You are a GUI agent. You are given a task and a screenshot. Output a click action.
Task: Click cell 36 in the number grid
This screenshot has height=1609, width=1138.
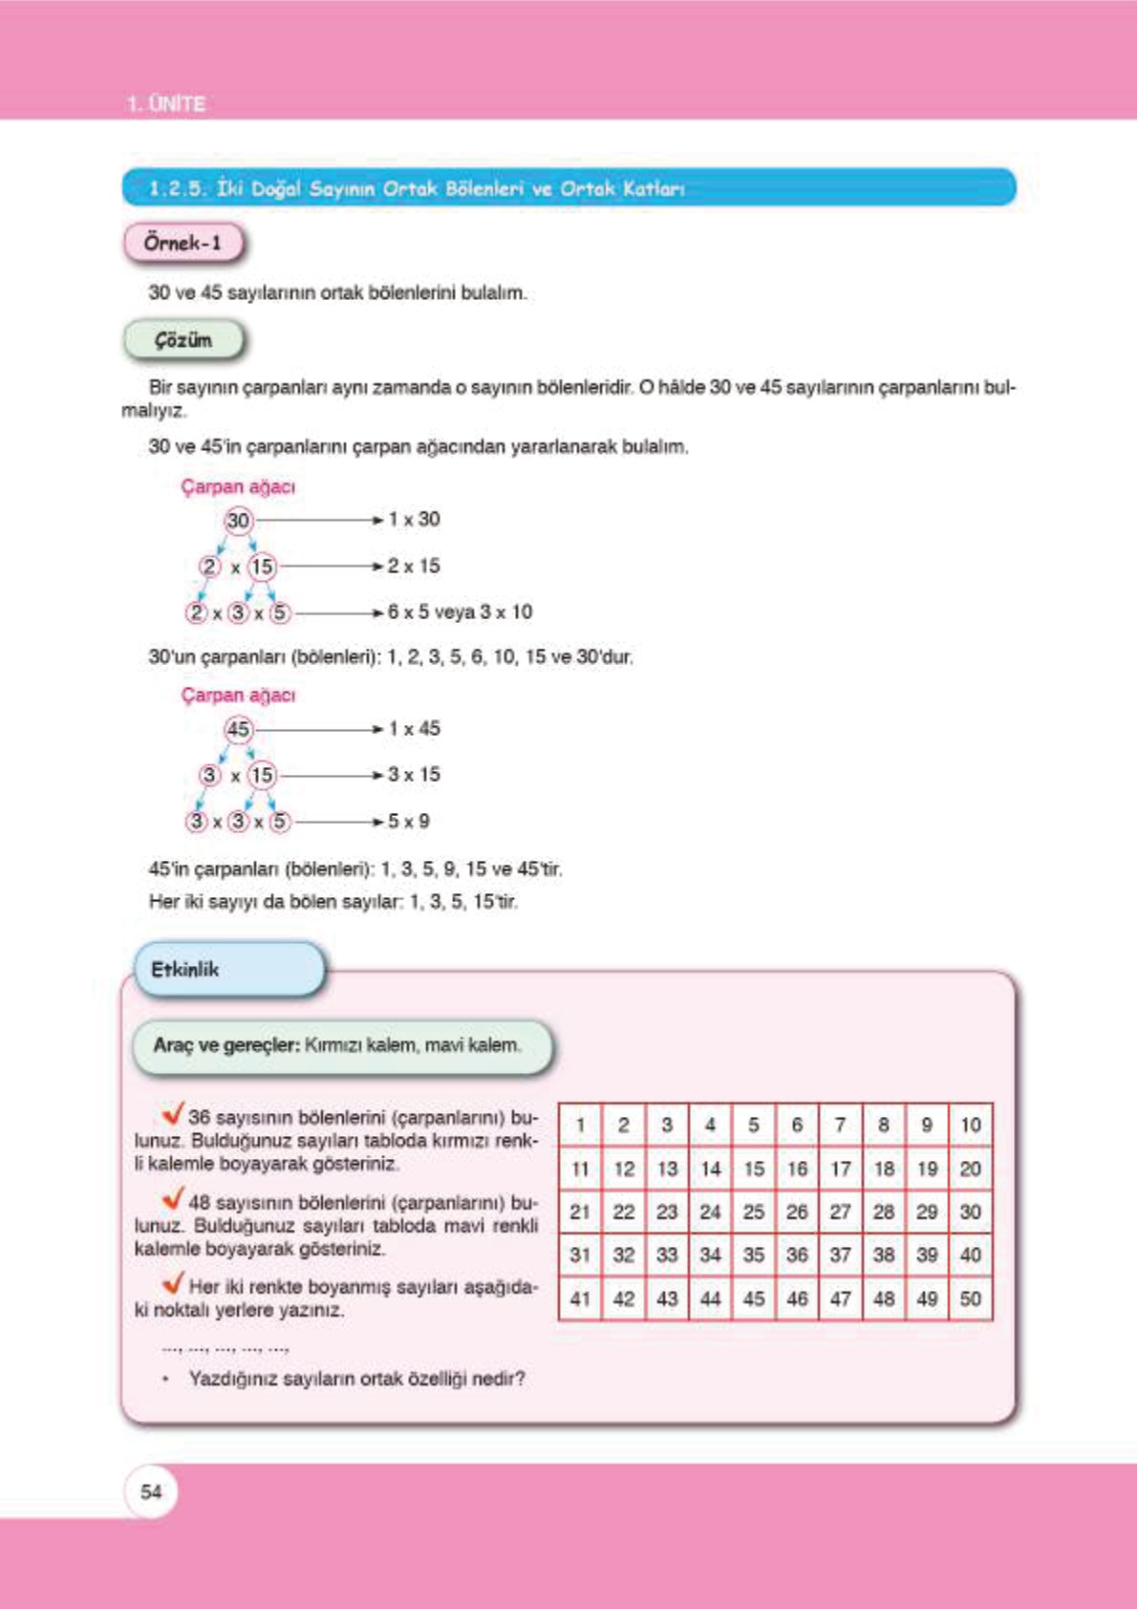pos(797,1255)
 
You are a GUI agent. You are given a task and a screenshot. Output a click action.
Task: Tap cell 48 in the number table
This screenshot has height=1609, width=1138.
pos(884,1298)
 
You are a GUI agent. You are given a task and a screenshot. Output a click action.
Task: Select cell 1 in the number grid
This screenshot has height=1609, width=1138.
pos(580,1125)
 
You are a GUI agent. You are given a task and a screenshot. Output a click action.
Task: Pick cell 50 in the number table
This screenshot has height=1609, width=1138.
pos(970,1298)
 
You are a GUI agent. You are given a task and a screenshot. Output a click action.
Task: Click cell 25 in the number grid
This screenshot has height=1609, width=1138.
pos(754,1212)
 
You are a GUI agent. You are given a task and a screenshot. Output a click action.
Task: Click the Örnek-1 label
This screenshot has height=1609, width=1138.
pos(183,243)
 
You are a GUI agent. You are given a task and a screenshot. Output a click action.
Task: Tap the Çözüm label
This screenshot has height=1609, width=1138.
pos(183,340)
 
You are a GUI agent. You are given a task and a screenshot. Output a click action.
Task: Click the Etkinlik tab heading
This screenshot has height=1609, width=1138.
pos(185,969)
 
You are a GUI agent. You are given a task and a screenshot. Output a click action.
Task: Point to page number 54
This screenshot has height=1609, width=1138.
pos(151,1491)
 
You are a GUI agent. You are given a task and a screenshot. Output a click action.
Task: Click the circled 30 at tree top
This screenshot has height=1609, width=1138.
pos(238,520)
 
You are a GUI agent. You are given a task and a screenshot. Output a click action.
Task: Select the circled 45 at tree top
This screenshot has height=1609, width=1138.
pos(238,729)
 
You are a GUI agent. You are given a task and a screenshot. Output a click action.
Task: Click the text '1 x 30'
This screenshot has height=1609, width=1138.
pos(414,519)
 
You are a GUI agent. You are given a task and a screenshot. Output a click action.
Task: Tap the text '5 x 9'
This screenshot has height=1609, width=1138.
pos(409,821)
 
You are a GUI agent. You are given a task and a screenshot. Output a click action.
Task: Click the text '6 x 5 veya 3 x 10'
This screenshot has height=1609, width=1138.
pos(460,611)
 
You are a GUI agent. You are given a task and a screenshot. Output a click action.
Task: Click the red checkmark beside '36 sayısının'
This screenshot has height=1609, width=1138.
pos(173,1113)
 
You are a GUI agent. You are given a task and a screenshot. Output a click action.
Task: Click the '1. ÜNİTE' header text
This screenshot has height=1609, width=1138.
pos(166,103)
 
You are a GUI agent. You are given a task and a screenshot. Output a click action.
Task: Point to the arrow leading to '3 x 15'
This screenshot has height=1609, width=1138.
pos(330,775)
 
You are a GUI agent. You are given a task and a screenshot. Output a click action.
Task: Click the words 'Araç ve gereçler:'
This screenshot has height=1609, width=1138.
pos(226,1045)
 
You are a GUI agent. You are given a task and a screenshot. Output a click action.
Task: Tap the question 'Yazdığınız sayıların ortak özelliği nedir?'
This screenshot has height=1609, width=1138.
pos(356,1379)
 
